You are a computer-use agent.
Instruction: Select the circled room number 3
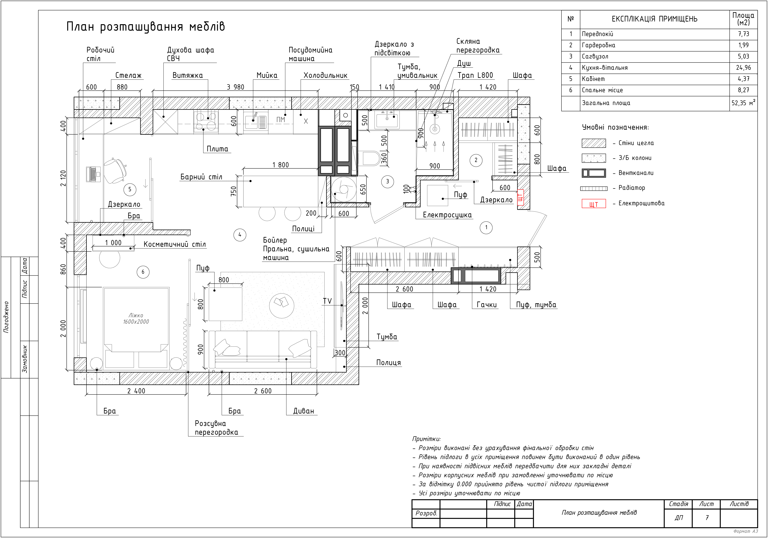(388, 182)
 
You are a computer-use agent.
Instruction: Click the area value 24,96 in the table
(743, 68)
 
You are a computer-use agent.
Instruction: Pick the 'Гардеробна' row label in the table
(598, 45)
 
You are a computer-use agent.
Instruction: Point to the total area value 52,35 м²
(743, 103)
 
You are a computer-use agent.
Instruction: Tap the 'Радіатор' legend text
(631, 188)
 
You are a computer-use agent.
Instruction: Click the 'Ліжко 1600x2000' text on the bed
(136, 319)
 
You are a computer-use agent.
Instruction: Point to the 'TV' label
(327, 301)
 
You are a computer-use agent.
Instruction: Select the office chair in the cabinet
(115, 171)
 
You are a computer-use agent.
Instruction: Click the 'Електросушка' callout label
(447, 215)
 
